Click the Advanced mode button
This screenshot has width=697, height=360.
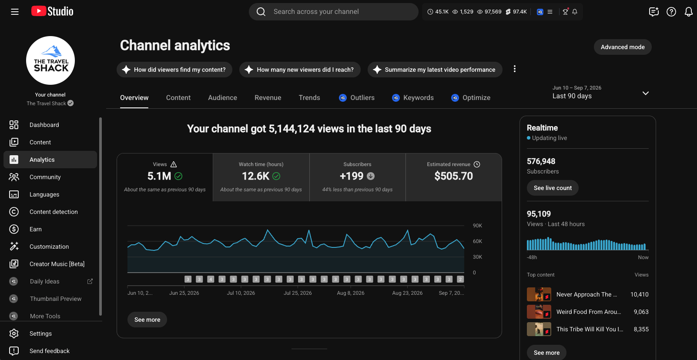(x=622, y=47)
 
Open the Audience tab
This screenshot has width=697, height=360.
(x=222, y=98)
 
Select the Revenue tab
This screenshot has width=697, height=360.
(x=268, y=98)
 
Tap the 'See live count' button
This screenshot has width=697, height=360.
(x=553, y=188)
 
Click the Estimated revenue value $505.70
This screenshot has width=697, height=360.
(x=453, y=176)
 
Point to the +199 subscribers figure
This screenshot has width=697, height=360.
(x=351, y=176)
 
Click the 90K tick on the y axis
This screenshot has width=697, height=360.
(x=477, y=225)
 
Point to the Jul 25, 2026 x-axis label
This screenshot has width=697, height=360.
(x=298, y=293)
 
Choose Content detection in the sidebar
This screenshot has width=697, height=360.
(x=54, y=212)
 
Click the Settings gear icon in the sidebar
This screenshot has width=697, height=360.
(x=13, y=333)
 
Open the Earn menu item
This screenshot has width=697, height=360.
(x=36, y=229)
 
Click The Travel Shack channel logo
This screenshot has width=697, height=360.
(x=50, y=60)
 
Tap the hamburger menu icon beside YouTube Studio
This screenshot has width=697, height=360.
(x=15, y=12)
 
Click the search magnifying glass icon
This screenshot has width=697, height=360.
(x=261, y=12)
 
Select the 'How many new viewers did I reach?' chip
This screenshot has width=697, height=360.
(x=300, y=70)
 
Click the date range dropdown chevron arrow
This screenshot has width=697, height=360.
(x=646, y=93)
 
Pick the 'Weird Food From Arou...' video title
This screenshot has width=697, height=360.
(x=588, y=312)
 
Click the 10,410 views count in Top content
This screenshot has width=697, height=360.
(x=640, y=294)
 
